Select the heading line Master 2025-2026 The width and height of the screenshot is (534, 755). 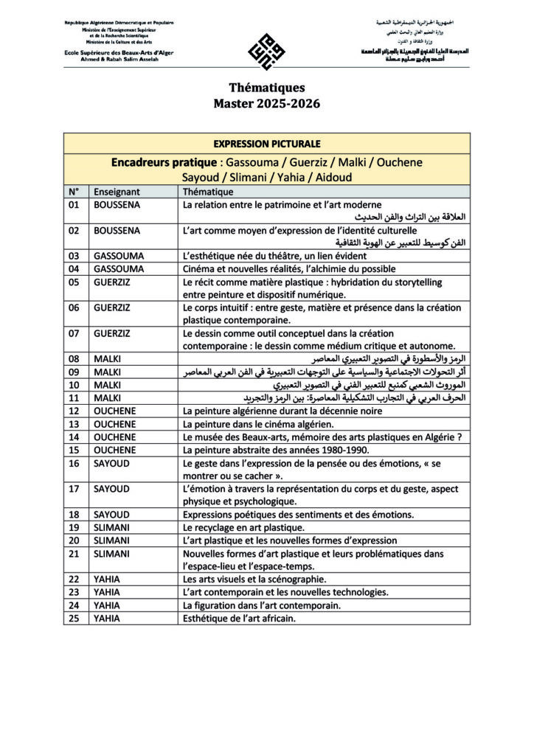266,104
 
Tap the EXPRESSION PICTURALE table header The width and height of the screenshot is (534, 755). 266,143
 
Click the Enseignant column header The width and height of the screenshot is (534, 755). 117,191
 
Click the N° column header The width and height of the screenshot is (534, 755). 73,191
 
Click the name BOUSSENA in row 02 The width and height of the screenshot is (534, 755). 117,231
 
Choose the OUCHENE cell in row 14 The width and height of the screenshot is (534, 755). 115,436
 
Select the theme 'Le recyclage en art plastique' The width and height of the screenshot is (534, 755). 243,527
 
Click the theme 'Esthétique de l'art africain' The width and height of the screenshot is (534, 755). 239,619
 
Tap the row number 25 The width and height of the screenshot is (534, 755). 73,619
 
